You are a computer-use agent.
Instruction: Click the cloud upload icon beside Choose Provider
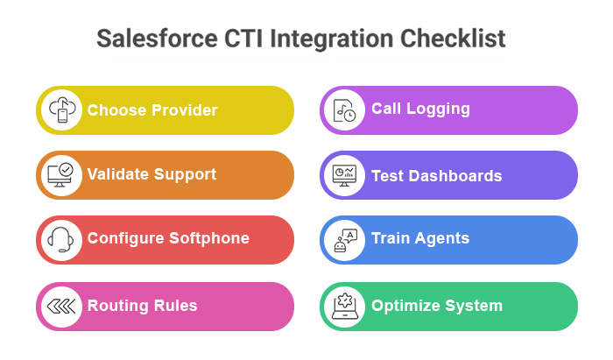(x=61, y=110)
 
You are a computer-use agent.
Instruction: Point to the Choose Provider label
(x=152, y=110)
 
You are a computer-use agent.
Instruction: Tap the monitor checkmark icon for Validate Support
(x=61, y=174)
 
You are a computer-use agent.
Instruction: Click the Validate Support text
(x=151, y=174)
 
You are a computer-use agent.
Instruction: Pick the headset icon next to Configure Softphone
(x=61, y=239)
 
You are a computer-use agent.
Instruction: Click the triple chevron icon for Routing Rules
(x=61, y=306)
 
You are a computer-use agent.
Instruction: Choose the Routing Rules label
(x=142, y=306)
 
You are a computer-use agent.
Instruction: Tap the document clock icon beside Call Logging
(x=344, y=109)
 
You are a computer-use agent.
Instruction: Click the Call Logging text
(x=420, y=109)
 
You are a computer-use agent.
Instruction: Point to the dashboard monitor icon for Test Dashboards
(x=344, y=175)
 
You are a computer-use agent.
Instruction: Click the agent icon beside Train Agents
(x=344, y=240)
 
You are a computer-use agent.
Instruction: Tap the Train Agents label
(x=420, y=238)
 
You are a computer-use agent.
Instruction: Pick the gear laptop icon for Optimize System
(x=344, y=307)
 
